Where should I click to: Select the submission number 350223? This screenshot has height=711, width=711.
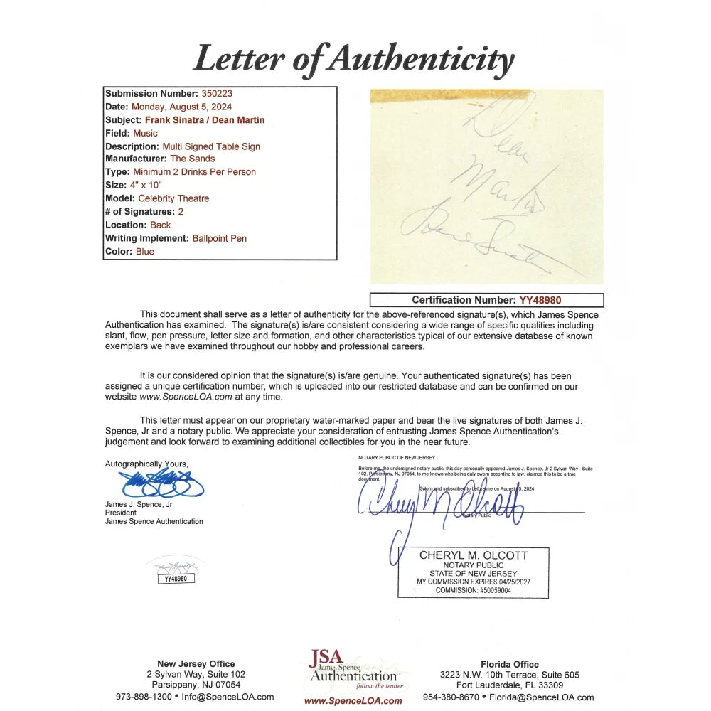[x=217, y=94]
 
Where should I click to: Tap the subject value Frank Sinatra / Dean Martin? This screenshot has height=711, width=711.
[x=205, y=120]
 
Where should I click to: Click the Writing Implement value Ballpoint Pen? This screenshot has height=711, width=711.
[x=220, y=238]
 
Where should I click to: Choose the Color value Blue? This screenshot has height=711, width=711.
[x=144, y=252]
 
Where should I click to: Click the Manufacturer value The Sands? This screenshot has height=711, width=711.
[x=192, y=159]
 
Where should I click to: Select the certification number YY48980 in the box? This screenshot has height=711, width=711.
[x=542, y=301]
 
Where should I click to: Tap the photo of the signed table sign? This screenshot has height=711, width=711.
[x=486, y=186]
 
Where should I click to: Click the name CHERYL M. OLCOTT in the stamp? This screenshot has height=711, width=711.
[x=474, y=555]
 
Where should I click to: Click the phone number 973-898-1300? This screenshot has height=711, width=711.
[x=144, y=697]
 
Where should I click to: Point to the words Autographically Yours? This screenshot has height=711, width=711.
[x=146, y=464]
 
